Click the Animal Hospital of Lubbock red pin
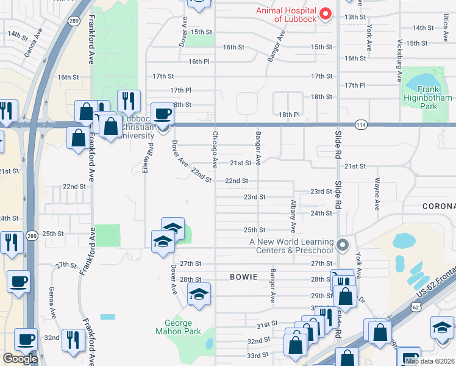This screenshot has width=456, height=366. coord(325,13)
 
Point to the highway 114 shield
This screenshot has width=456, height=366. coord(361,124)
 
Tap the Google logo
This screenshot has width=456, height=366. coord(20,359)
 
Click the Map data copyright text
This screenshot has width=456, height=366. coord(429,361)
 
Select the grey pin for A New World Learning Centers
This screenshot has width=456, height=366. coord(343,246)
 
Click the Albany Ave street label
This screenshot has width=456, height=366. coord(293,216)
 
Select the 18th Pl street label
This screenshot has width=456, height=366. coord(290,114)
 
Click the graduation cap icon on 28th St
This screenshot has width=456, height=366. coord(199,294)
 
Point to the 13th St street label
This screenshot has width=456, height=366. coord(354,16)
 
